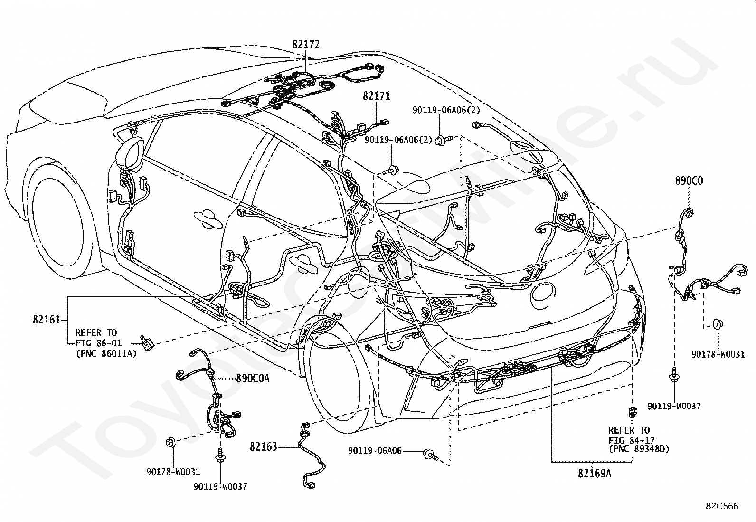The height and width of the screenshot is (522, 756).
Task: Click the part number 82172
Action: coord(306,45)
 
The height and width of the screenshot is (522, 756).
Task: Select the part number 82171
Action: coord(377,96)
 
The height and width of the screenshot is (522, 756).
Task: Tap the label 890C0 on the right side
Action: coord(689,181)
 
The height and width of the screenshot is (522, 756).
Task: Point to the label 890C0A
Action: coord(253,379)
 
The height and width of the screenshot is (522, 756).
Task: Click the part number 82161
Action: coord(47,319)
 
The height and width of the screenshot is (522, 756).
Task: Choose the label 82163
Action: coord(263,446)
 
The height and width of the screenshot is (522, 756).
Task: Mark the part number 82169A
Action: coord(595,474)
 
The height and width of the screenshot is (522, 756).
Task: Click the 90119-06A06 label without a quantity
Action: coord(375,451)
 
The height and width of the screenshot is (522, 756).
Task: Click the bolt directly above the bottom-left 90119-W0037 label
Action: coord(220,455)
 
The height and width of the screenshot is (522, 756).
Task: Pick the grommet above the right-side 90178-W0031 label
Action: coord(718,324)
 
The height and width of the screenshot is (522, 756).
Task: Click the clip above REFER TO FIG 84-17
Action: coord(632,412)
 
